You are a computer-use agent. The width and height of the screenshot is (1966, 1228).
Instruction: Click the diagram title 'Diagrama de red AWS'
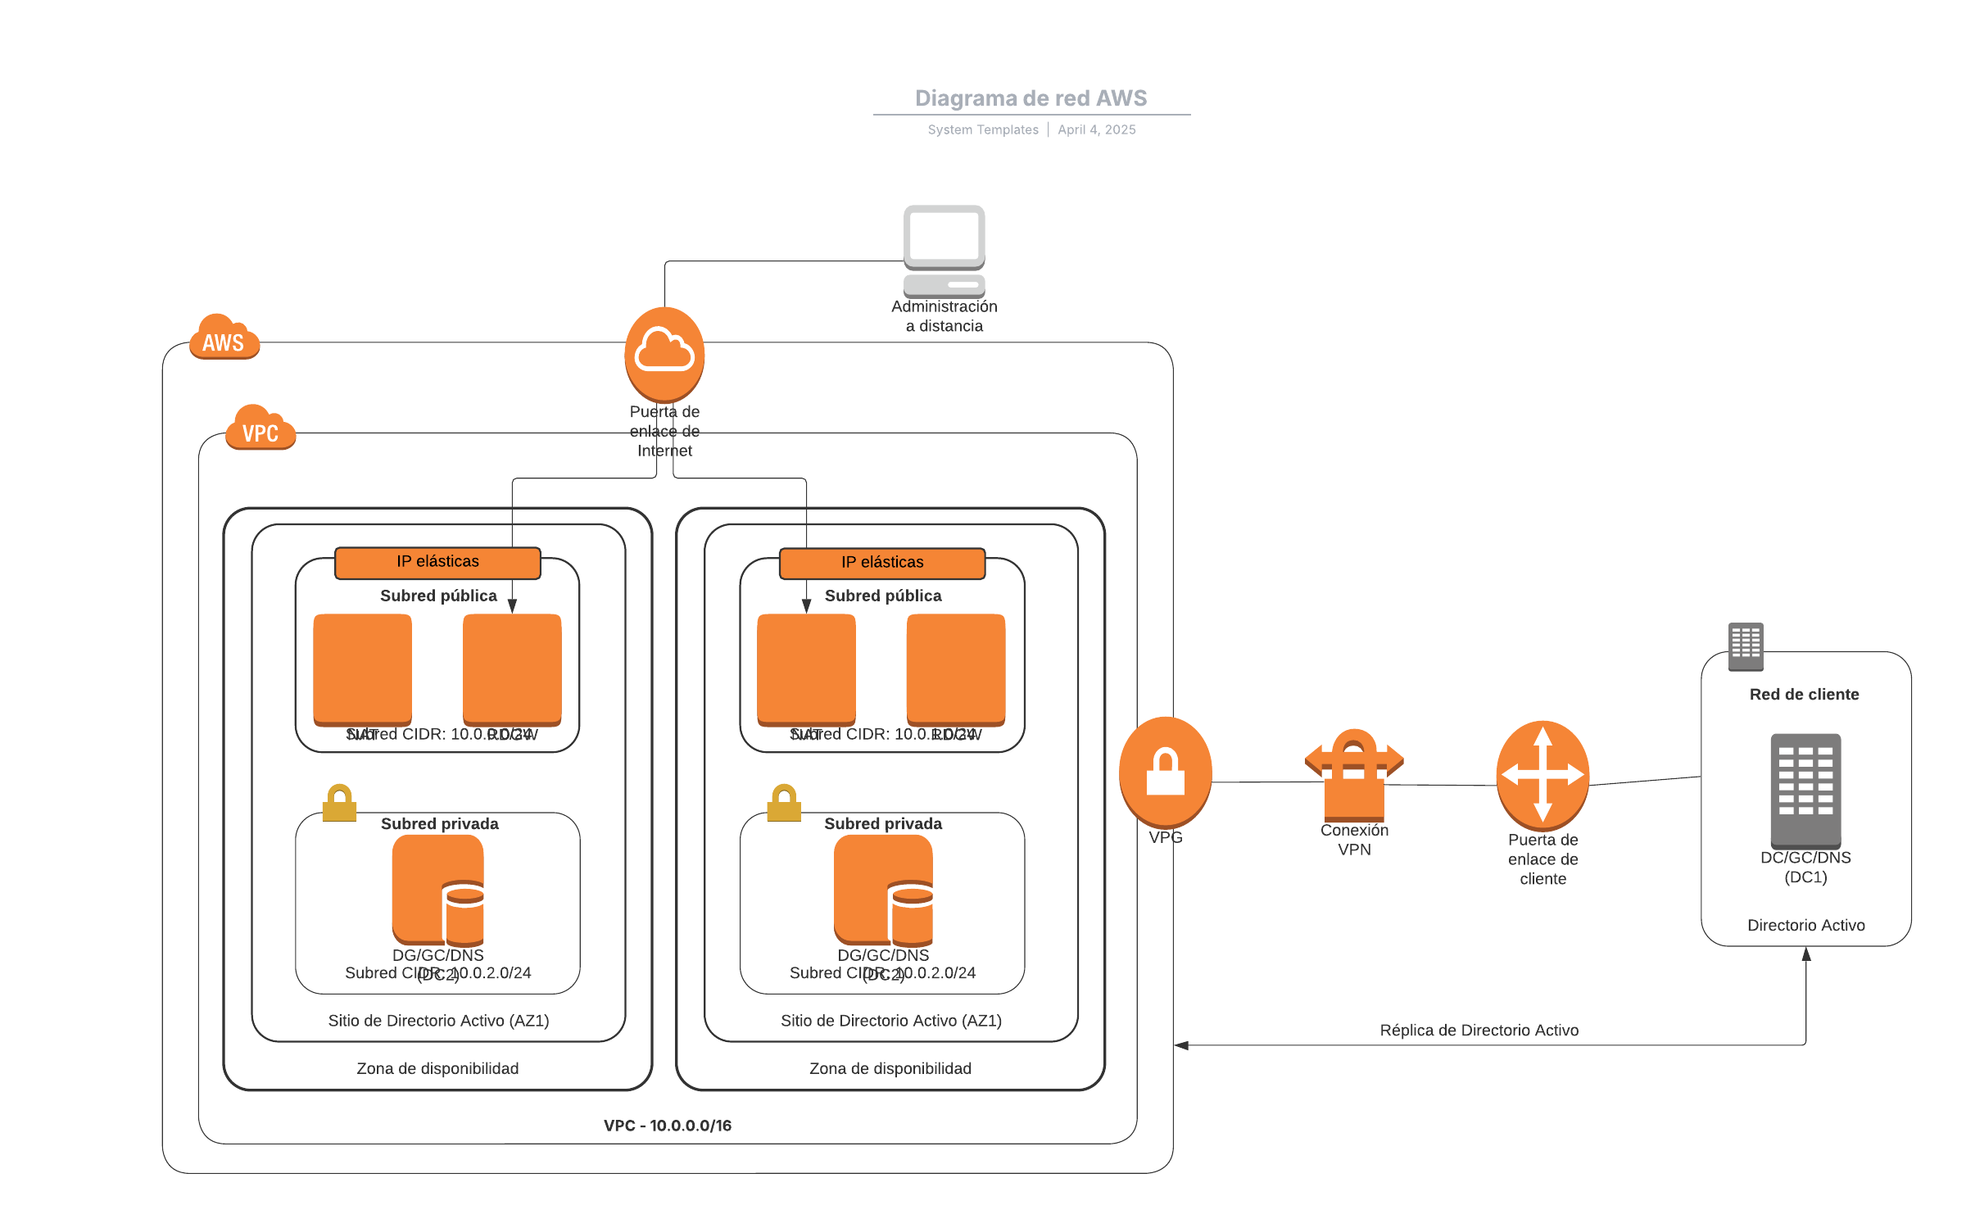tap(1031, 98)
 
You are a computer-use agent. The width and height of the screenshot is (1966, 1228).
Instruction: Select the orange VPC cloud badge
tap(260, 428)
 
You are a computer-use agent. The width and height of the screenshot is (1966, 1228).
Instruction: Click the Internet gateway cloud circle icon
tap(664, 353)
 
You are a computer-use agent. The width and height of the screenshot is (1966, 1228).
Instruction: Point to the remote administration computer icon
tap(944, 250)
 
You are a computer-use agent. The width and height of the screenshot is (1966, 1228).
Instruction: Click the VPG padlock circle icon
tap(1165, 772)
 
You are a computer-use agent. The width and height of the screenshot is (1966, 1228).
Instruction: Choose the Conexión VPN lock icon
tap(1353, 775)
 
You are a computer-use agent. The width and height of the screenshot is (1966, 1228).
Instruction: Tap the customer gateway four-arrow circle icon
tap(1542, 774)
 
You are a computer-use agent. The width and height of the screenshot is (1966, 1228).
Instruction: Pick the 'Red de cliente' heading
tap(1804, 695)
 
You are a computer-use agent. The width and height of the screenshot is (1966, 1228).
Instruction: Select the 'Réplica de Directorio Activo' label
tap(1479, 1031)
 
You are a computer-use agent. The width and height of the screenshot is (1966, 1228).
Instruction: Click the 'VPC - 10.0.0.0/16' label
tap(668, 1126)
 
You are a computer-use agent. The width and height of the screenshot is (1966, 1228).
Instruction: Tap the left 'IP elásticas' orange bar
tap(437, 562)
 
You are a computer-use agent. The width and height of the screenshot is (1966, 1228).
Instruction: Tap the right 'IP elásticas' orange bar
tap(881, 563)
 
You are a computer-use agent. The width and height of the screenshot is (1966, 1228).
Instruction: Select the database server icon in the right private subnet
tap(883, 890)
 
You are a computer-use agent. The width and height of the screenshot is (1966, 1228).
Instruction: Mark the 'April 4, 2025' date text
tap(1096, 129)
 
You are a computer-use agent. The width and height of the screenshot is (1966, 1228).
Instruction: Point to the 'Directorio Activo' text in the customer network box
tap(1805, 926)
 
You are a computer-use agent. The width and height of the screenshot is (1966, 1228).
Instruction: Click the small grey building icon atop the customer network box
tap(1745, 646)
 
